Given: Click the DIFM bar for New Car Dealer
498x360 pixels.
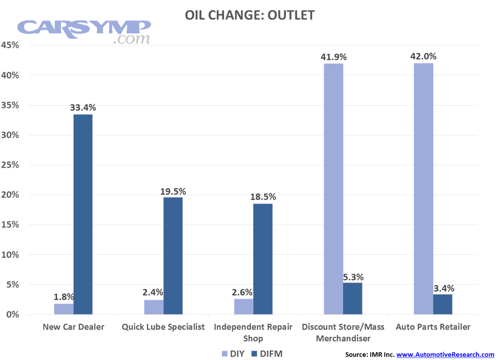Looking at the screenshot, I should [82, 215].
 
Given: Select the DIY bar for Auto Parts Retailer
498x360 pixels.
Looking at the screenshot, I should [423, 189].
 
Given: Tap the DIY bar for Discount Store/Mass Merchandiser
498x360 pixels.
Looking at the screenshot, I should [333, 189].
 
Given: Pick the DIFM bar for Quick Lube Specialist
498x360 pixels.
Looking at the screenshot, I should [173, 256].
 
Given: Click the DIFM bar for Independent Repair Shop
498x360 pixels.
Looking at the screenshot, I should [263, 259].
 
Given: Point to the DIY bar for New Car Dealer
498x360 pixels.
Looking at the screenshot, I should [63, 309].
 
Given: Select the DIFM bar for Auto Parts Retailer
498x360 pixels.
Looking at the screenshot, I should [443, 305].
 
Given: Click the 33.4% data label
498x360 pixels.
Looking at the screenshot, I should [83, 107].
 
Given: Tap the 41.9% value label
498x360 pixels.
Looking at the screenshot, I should [334, 56].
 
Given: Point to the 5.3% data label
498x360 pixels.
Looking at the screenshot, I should [353, 277].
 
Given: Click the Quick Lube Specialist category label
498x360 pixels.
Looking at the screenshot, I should [163, 327].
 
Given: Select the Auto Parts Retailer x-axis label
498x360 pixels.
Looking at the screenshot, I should [433, 327].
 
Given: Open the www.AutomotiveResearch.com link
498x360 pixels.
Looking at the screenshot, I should [445, 354].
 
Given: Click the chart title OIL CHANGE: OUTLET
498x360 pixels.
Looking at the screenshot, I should [249, 15].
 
